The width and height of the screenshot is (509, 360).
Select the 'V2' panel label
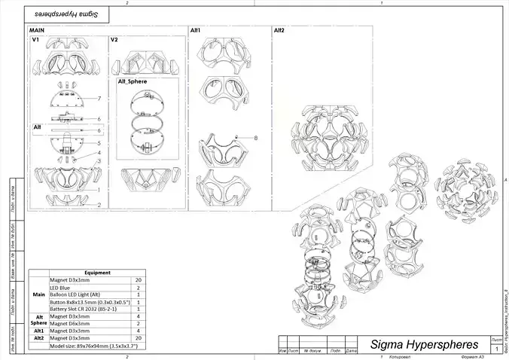114,39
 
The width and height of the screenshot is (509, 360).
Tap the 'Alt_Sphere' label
132,81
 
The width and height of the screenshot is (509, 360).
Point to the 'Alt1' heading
194,30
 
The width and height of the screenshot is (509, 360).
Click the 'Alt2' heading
279,30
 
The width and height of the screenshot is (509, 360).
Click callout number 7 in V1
99,99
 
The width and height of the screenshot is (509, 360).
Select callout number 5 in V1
99,142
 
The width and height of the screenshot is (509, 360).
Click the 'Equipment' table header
98,273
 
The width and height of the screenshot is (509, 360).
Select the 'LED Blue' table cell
61,287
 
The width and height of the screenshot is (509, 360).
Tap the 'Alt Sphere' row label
38,320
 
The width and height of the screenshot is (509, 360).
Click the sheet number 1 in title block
497,350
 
